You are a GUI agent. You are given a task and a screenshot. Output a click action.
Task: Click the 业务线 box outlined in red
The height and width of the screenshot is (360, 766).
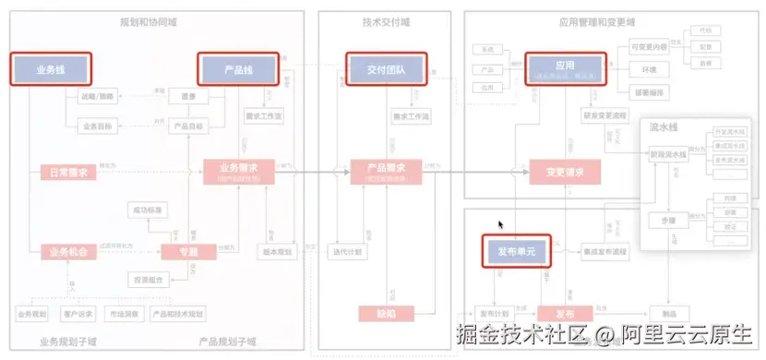(51, 69)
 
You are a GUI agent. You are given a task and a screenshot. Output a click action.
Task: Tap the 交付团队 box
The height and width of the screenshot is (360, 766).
(386, 69)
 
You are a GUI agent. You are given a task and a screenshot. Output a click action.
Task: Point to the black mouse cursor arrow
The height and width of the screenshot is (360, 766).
(501, 224)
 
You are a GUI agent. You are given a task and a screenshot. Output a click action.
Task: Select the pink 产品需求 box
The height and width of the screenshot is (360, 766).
(388, 172)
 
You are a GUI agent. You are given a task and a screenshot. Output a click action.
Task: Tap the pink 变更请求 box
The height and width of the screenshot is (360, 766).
(566, 172)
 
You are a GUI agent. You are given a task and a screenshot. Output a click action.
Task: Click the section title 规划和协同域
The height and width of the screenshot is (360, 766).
(150, 21)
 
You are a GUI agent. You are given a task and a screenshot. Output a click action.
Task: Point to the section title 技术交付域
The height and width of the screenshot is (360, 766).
(384, 21)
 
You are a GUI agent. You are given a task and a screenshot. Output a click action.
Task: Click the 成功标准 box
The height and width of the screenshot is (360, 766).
(149, 211)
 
